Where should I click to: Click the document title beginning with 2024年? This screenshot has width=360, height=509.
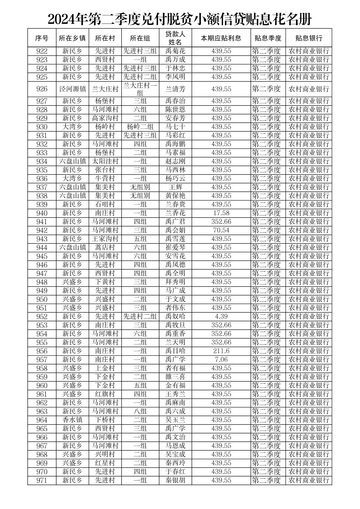(179, 19)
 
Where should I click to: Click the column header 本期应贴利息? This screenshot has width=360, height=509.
(221, 38)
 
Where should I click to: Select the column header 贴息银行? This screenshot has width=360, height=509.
(308, 38)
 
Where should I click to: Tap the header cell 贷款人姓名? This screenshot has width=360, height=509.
(175, 38)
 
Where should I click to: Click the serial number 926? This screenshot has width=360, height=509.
(42, 89)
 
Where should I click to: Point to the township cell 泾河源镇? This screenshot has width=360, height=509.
(72, 89)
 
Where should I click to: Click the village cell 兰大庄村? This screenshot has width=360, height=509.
(105, 89)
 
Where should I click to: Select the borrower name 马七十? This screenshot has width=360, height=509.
(175, 127)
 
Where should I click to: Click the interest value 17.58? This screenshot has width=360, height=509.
(221, 213)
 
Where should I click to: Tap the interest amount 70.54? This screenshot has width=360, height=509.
(221, 230)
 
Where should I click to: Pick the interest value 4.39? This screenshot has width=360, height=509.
(221, 316)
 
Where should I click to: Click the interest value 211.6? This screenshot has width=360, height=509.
(221, 351)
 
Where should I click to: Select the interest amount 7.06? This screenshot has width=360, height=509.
(221, 360)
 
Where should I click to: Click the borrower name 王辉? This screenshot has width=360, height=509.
(175, 187)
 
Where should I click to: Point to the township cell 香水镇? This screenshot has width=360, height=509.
(72, 420)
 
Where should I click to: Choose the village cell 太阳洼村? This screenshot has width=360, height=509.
(105, 161)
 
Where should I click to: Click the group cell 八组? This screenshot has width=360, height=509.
(140, 411)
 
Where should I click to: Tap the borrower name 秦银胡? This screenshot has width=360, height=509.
(175, 480)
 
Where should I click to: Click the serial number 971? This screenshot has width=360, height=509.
(42, 480)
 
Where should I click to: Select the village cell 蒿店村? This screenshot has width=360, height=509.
(105, 248)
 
